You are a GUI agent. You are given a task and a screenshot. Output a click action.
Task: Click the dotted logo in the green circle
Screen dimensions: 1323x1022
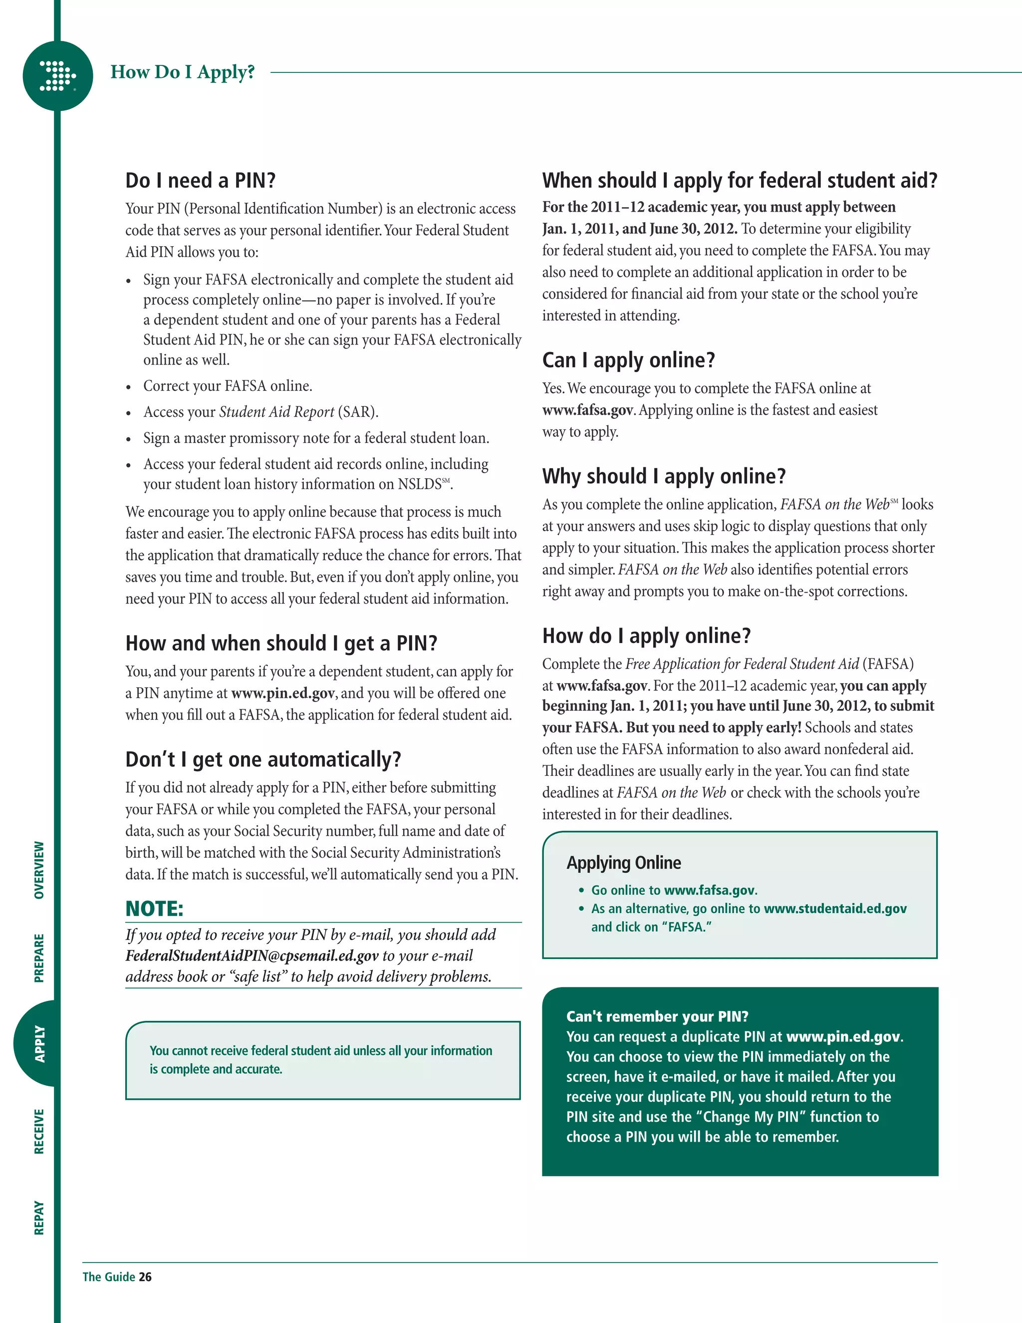pyautogui.click(x=57, y=76)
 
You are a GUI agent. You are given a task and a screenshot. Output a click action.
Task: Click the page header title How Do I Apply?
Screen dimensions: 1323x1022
pyautogui.click(x=182, y=72)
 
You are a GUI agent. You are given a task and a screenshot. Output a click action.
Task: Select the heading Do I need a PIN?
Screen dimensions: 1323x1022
pyautogui.click(x=201, y=181)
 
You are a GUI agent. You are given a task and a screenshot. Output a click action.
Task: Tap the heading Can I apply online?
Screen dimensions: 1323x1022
pyautogui.click(x=628, y=360)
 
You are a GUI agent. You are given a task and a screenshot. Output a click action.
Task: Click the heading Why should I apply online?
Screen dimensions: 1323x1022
pyautogui.click(x=664, y=476)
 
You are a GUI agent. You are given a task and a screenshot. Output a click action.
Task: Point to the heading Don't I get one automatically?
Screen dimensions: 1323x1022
pyautogui.click(x=263, y=759)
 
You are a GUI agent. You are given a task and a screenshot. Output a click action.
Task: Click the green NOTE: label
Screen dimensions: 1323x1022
pyautogui.click(x=154, y=909)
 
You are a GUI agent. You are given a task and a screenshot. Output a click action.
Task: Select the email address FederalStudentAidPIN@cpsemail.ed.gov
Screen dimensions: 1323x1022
pyautogui.click(x=252, y=955)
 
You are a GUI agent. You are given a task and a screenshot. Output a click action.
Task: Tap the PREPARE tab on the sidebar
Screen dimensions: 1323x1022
pyautogui.click(x=39, y=958)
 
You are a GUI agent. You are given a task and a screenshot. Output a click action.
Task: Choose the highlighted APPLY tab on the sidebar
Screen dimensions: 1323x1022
pyautogui.click(x=39, y=1043)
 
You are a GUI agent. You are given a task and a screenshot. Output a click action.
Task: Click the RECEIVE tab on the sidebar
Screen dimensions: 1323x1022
pyautogui.click(x=39, y=1131)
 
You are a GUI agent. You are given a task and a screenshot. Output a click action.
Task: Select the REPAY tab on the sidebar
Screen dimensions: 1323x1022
pyautogui.click(x=39, y=1218)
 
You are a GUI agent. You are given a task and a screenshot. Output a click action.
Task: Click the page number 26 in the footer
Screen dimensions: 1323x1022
pyautogui.click(x=145, y=1277)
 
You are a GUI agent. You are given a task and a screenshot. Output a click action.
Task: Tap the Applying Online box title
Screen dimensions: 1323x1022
pyautogui.click(x=624, y=863)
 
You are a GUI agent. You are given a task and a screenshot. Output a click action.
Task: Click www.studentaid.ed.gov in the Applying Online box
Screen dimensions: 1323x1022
pyautogui.click(x=835, y=909)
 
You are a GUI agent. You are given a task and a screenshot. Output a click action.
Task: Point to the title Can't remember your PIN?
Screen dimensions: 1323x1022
pyautogui.click(x=657, y=1016)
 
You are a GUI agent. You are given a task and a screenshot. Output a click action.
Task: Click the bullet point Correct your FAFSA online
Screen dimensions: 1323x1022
pyautogui.click(x=228, y=386)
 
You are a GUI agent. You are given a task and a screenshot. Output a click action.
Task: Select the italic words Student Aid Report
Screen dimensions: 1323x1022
pyautogui.click(x=276, y=412)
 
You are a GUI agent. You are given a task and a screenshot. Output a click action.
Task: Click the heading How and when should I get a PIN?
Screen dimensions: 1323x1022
pyautogui.click(x=281, y=643)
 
